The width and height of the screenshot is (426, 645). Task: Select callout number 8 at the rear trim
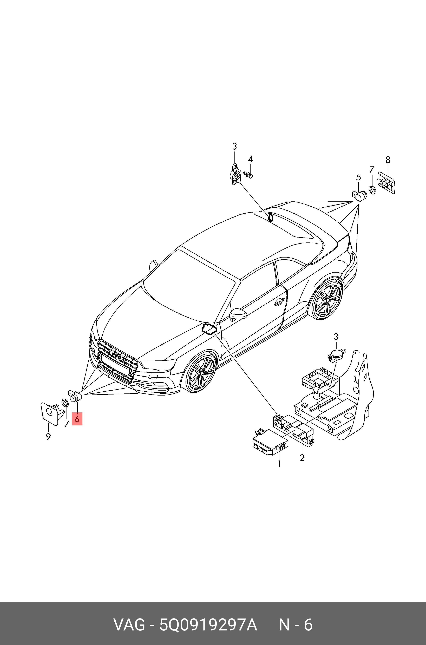[388, 160]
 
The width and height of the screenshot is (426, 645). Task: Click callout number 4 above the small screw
[250, 159]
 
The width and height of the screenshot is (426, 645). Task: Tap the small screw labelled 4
[248, 174]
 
